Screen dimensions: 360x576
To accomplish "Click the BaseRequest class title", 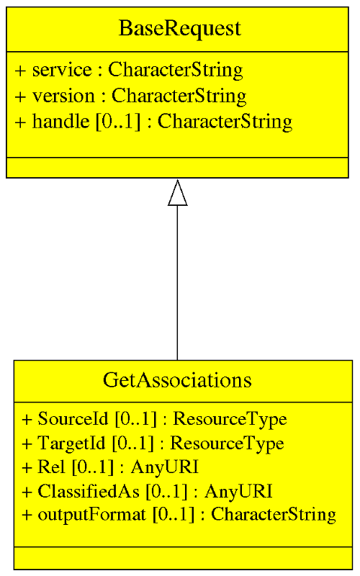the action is (180, 29).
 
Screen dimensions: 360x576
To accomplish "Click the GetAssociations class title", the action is (177, 380).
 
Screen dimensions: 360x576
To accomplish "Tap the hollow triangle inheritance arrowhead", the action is (177, 192).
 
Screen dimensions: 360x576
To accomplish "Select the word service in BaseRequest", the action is (62, 70).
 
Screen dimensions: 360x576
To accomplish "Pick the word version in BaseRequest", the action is (63, 96).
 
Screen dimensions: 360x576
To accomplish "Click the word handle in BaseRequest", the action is (60, 121).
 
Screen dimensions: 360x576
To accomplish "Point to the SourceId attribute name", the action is (73, 419).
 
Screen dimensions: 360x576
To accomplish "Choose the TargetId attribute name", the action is (71, 443).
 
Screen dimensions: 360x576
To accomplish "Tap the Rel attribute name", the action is (51, 467).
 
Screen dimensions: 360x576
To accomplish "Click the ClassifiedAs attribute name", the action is (89, 491).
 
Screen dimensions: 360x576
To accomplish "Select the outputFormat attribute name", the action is (92, 515).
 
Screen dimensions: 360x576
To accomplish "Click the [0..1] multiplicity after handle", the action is (118, 121).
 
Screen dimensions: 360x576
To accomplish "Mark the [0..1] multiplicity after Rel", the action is (92, 467).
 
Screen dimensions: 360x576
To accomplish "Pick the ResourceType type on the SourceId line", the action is (230, 420).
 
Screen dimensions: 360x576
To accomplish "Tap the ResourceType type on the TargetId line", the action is (227, 444).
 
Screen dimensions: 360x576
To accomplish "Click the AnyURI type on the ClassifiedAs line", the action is (238, 491).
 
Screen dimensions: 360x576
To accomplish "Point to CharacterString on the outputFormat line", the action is (274, 515).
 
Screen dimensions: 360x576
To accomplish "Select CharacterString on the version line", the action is (179, 96).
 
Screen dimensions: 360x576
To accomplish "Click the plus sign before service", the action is (21, 71).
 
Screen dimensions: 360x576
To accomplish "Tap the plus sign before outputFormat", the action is (27, 515).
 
